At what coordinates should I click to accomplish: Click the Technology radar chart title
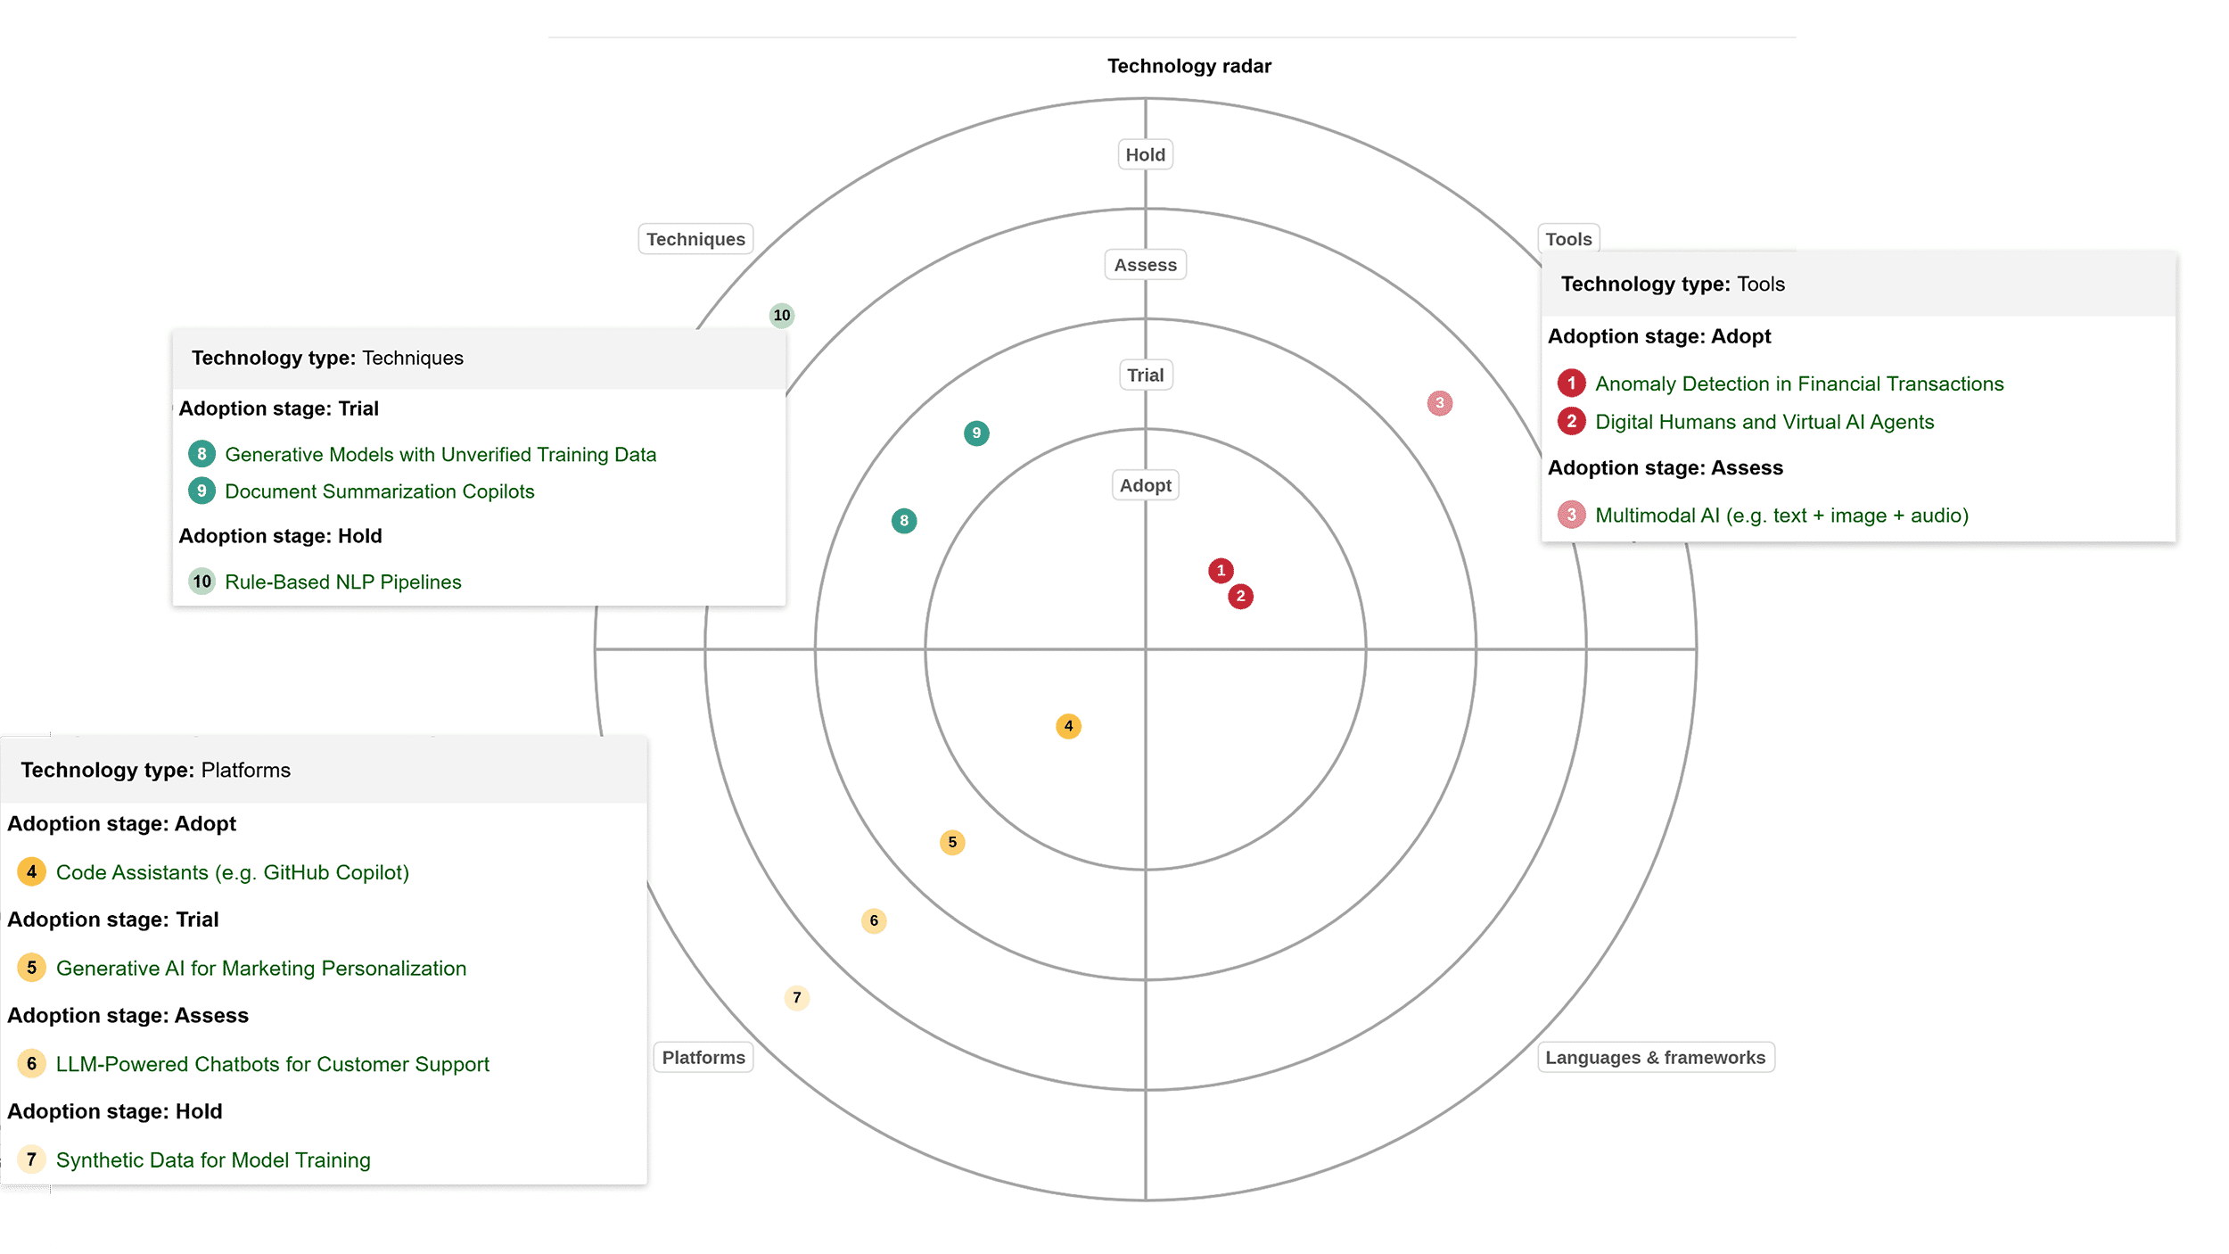1189,66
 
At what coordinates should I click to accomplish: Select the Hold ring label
1145,154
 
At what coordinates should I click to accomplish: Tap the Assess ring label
1145,265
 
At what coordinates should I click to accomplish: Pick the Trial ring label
1145,375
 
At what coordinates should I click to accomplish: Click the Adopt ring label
1145,485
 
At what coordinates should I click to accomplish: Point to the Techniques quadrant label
695,239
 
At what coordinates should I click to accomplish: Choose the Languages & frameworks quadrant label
1655,1057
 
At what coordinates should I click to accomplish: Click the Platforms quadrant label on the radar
703,1057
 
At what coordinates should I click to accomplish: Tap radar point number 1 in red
1221,571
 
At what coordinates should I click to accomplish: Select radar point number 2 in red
1240,597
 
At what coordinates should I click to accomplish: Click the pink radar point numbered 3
1439,403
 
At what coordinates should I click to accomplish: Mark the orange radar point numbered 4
1068,726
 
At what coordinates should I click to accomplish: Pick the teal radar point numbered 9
976,433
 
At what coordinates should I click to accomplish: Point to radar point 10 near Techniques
782,315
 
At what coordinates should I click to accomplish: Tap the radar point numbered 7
797,997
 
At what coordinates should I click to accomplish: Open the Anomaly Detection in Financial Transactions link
1798,384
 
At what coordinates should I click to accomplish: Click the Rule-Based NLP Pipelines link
342,582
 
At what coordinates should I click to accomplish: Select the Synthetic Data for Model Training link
213,1159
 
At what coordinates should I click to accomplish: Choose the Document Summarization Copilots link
379,491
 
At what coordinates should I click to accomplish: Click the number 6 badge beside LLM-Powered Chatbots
32,1063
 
